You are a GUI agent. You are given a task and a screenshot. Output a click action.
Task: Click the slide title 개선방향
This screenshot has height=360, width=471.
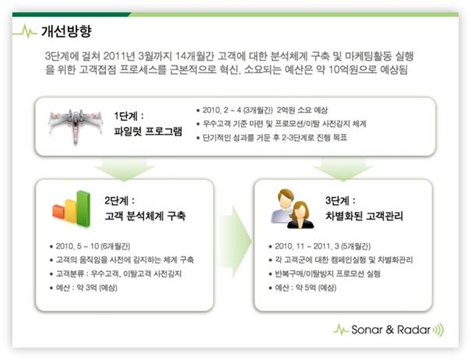pos(66,31)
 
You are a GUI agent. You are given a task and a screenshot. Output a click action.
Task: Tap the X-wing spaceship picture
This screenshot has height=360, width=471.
pos(76,125)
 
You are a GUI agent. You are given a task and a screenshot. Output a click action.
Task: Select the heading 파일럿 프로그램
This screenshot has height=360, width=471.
pos(148,132)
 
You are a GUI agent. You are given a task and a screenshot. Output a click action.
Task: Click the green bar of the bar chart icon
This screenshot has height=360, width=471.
pos(83,208)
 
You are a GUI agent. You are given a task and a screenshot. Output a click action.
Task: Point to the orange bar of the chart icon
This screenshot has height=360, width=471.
pos(58,211)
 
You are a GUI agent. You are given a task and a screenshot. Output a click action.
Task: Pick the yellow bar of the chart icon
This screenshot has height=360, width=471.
pos(71,211)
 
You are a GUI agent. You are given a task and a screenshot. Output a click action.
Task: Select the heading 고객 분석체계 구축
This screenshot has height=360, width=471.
pos(145,216)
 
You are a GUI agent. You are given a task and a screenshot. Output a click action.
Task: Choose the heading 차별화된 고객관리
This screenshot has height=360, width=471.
pos(364,216)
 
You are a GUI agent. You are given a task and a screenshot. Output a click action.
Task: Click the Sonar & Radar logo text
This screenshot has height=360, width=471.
pos(391,330)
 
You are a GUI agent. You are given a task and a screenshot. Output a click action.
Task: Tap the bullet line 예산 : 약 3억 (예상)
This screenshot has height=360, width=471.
pos(86,288)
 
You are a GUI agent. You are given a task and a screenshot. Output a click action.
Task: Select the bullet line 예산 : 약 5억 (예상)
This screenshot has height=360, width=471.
pos(305,288)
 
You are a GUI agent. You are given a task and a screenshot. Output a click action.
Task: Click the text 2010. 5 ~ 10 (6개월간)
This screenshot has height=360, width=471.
pos(93,246)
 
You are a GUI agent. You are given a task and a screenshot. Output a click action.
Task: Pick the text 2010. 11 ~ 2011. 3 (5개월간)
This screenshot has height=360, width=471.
pos(322,246)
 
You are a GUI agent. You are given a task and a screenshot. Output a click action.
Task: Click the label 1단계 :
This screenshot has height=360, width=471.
pos(129,116)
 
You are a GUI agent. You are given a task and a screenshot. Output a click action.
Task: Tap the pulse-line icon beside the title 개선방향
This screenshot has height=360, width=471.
pos(25,31)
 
